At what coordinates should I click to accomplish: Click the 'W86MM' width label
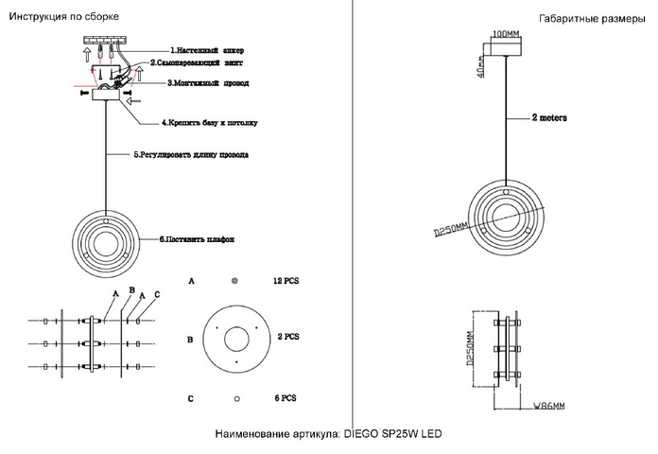(x=546, y=406)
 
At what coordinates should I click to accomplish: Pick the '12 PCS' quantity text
(x=286, y=282)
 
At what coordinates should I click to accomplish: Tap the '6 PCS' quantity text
(x=285, y=398)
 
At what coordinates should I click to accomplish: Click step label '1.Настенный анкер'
(x=207, y=49)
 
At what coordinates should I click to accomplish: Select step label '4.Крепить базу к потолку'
(x=209, y=123)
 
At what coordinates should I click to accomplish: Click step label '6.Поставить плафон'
(x=196, y=239)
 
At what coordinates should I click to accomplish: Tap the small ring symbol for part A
(x=235, y=282)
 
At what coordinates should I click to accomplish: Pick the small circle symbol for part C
(x=235, y=398)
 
